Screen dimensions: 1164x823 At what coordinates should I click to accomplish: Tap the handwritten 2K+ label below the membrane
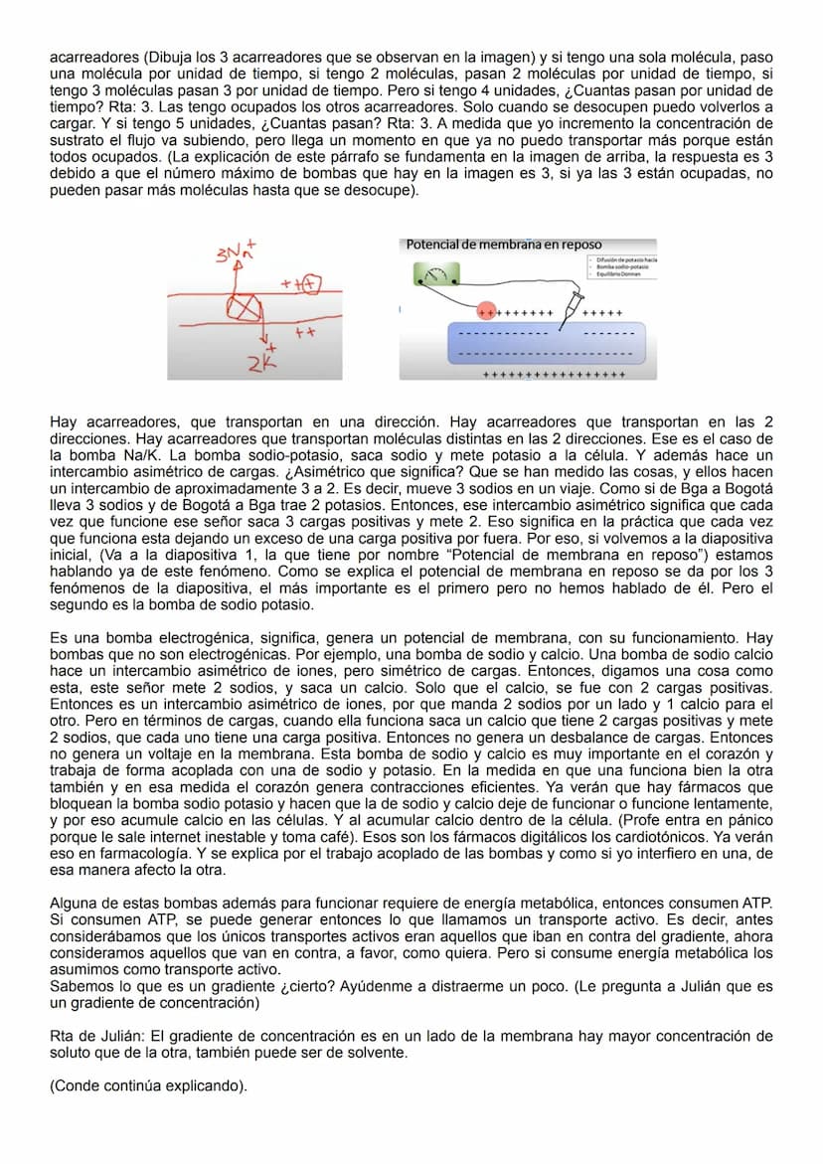[x=262, y=364]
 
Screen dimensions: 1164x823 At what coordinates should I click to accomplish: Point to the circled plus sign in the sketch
[x=311, y=285]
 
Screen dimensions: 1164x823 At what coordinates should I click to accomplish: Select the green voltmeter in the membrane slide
[x=433, y=275]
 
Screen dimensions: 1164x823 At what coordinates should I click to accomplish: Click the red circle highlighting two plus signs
[x=487, y=311]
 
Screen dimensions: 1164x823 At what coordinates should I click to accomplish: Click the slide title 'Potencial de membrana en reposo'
[x=504, y=245]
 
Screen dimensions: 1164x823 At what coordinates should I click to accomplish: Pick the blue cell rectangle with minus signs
[x=543, y=343]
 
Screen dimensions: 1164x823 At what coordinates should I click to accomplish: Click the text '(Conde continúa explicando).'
[x=148, y=1085]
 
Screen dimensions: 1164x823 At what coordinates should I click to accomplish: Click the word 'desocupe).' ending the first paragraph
[x=384, y=191]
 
